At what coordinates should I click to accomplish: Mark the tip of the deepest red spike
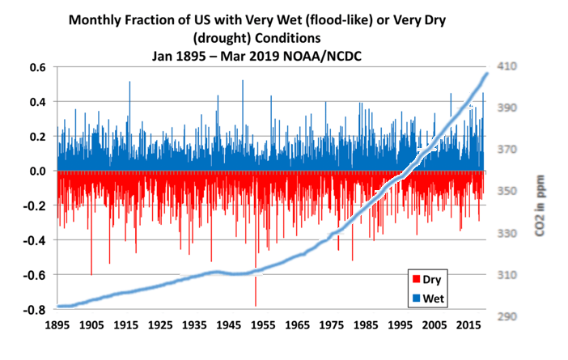coord(256,306)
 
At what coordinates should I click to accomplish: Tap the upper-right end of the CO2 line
coord(487,74)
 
